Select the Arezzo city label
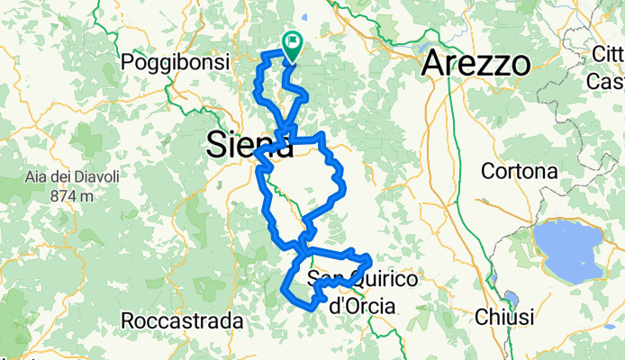(477, 64)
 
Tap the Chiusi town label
(503, 318)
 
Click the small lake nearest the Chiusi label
(511, 298)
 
